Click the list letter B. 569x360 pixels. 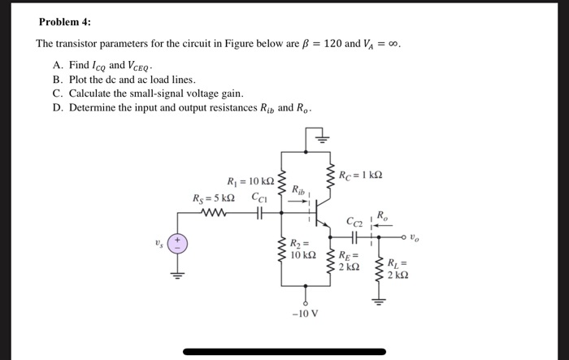click(57, 80)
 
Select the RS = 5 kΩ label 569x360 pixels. click(214, 197)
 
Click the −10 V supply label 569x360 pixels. click(306, 314)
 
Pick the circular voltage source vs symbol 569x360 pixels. click(178, 244)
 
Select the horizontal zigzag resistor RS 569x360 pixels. click(216, 215)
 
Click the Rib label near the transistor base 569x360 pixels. click(300, 193)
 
